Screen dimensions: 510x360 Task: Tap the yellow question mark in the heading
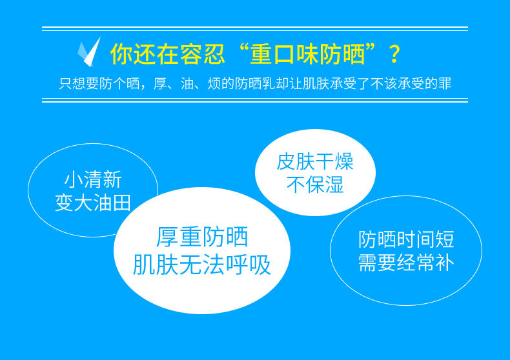click(x=394, y=54)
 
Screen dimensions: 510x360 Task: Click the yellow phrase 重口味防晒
click(x=307, y=54)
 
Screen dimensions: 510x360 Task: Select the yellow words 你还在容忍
click(x=167, y=54)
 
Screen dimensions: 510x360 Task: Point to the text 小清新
click(x=93, y=179)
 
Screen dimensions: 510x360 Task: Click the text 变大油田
click(x=93, y=203)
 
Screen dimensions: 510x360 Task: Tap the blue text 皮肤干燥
click(x=315, y=161)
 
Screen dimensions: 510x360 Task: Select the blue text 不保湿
click(x=315, y=185)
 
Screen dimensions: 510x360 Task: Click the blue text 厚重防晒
click(x=202, y=237)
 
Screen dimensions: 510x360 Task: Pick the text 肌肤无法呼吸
click(x=202, y=265)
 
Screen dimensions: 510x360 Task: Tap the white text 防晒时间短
click(x=406, y=239)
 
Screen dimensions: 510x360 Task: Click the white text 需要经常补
click(x=406, y=263)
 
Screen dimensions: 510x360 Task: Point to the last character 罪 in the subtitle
click(x=445, y=83)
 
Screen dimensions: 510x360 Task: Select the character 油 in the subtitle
click(x=187, y=83)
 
